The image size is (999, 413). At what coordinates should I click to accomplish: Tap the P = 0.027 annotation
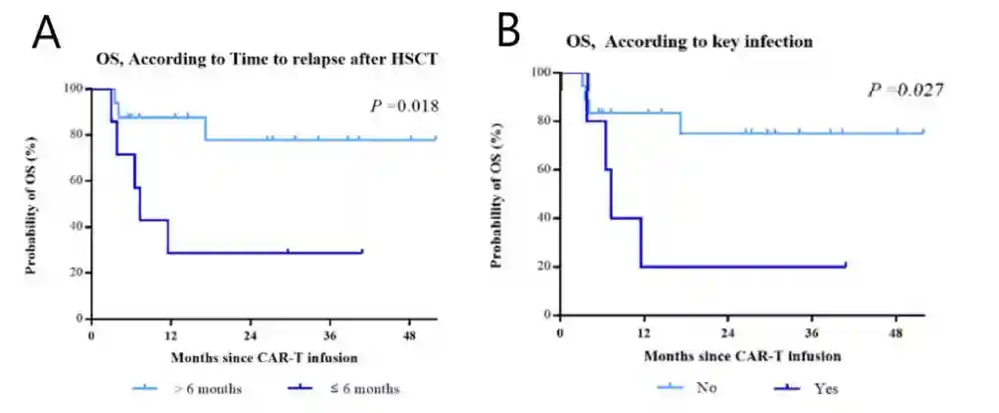(x=905, y=91)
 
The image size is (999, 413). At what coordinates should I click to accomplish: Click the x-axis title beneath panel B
(x=742, y=354)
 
